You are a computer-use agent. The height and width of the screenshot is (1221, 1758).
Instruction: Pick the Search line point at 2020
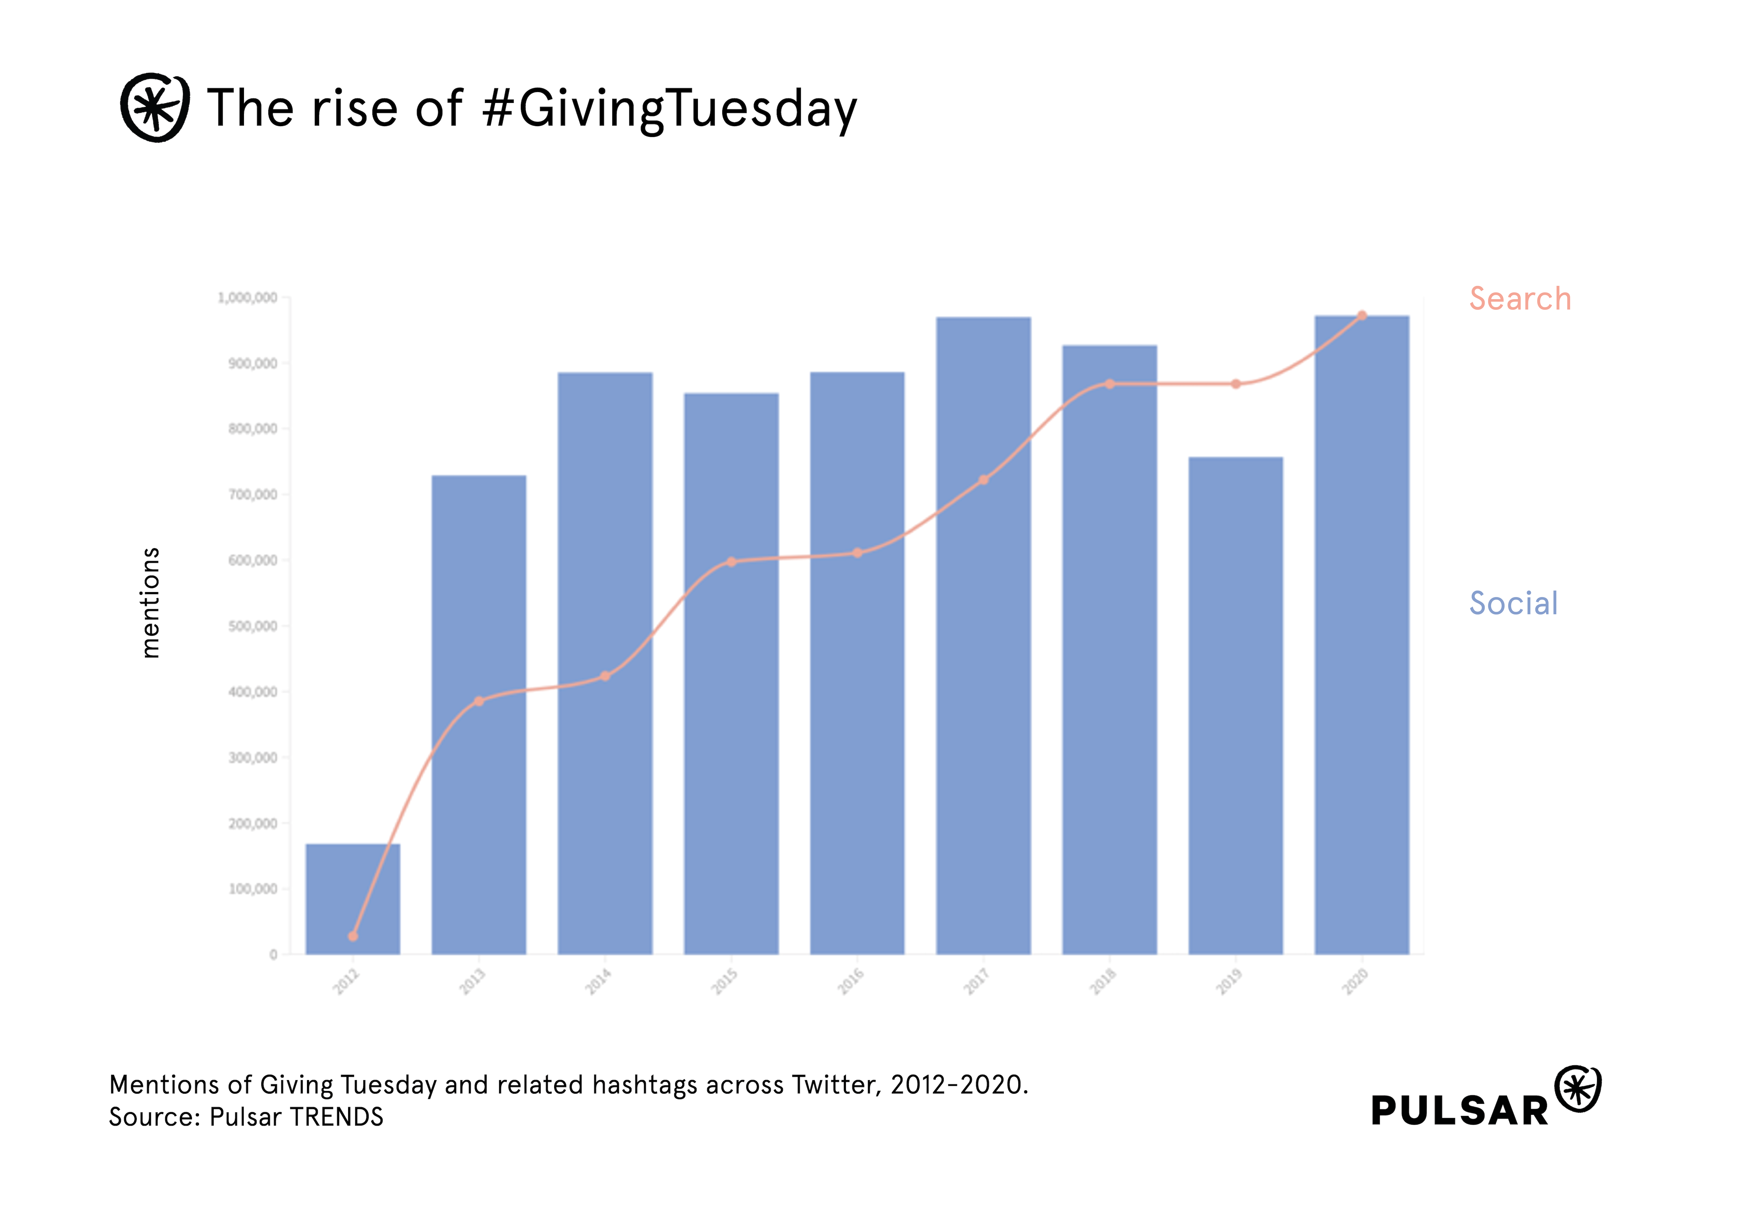coord(1362,315)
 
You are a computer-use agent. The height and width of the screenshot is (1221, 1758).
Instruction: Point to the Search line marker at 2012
coord(353,936)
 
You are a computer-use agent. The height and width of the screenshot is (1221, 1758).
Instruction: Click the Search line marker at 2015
coord(731,561)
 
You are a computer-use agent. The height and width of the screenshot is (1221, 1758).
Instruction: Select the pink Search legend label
coord(1519,298)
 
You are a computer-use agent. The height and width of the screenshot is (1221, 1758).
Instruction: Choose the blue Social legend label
coord(1513,603)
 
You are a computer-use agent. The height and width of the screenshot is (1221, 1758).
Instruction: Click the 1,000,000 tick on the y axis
coord(247,297)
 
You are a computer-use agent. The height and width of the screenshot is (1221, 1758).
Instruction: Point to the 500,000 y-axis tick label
coord(252,626)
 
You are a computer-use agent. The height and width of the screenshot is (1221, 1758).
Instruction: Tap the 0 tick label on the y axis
coord(273,954)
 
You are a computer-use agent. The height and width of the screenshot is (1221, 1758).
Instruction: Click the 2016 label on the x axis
coord(851,981)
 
